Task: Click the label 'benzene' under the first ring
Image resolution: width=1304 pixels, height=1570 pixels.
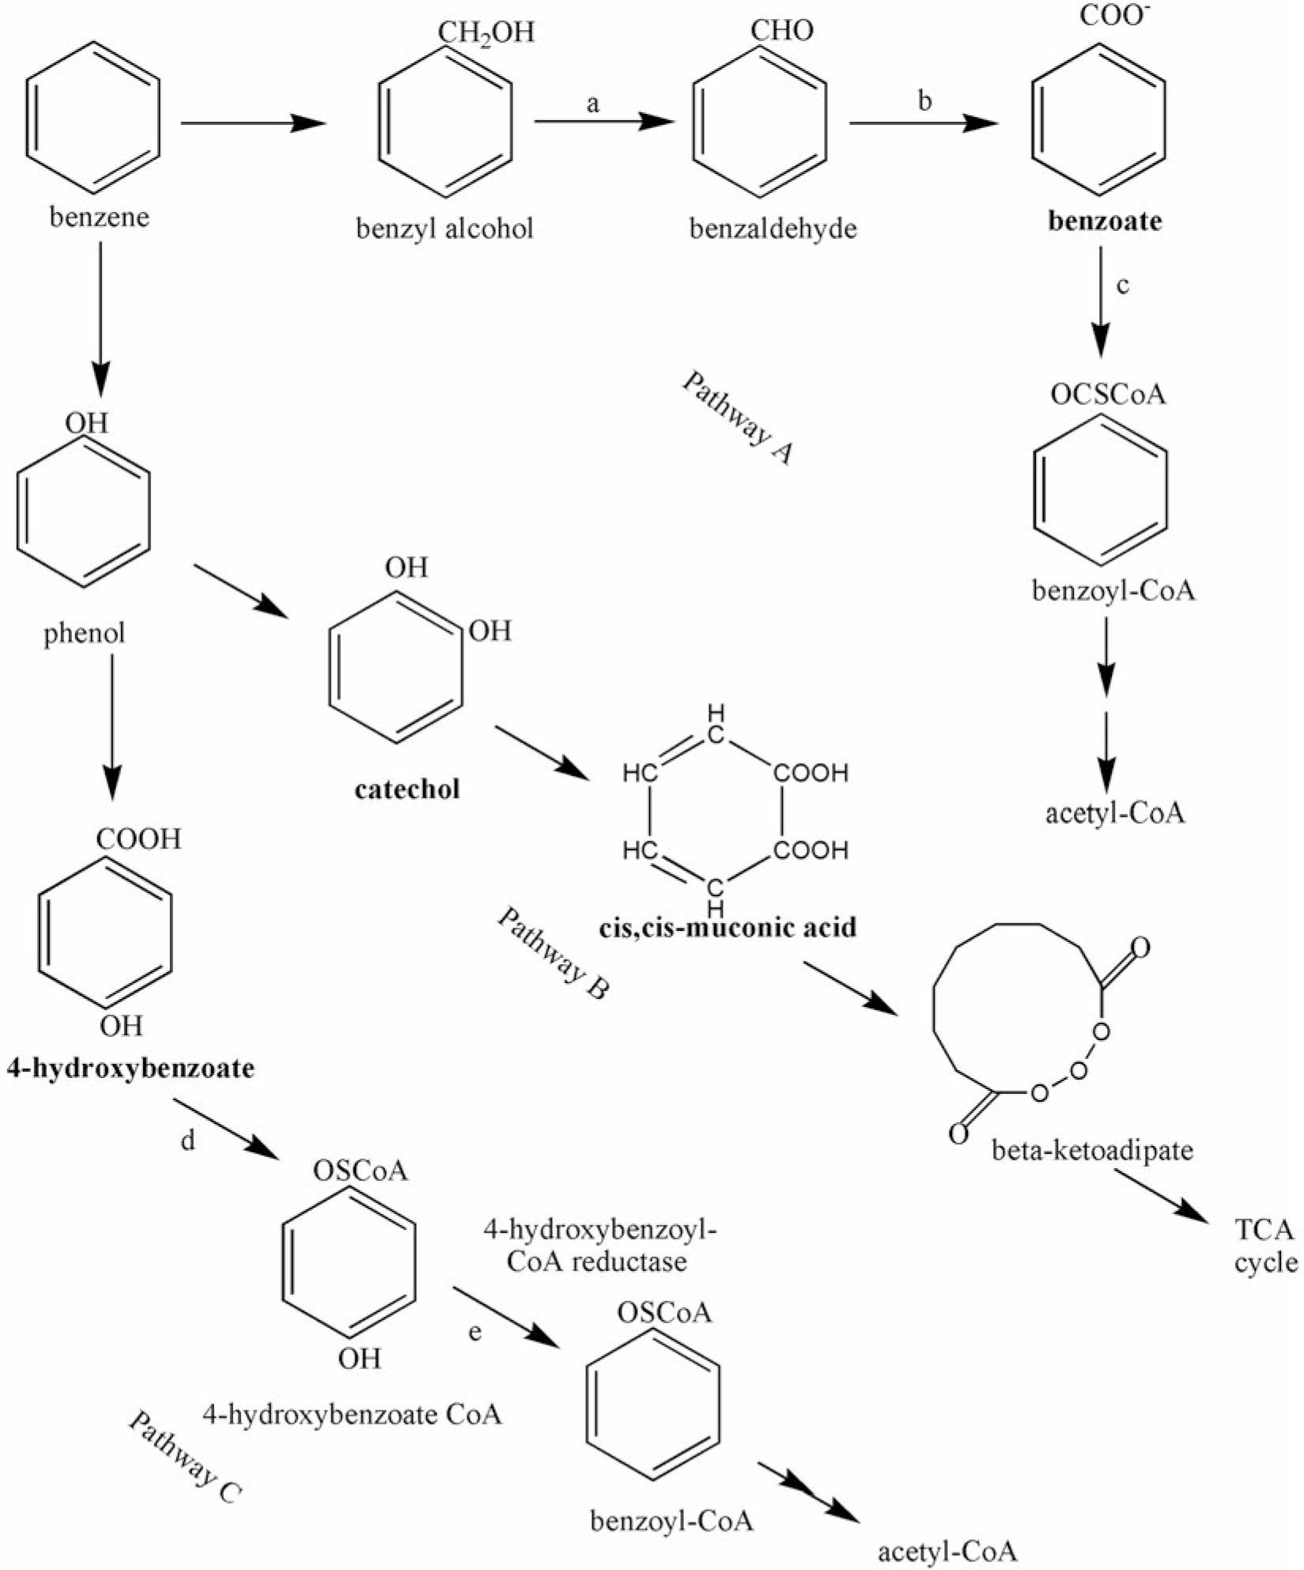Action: coord(99,218)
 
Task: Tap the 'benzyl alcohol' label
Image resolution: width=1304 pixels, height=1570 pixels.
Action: coord(444,229)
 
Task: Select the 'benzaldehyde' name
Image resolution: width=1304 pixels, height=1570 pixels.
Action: coord(773,229)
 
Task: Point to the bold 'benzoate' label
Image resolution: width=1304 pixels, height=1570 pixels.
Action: coord(1105,221)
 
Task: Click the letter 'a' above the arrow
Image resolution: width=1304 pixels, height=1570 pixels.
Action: coord(593,103)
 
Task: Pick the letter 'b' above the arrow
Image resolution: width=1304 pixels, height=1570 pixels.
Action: coord(924,100)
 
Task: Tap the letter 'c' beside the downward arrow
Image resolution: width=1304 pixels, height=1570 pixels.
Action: coord(1123,285)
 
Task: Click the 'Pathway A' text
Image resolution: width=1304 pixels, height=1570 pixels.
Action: coord(737,418)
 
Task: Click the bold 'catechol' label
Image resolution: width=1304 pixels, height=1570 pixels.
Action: coord(407,789)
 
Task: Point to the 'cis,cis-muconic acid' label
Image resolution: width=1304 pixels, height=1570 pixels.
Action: coord(728,927)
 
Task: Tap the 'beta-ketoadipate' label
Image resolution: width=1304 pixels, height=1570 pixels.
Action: coord(1092,1149)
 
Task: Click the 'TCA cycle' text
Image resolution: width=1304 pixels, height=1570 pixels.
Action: coord(1266,1246)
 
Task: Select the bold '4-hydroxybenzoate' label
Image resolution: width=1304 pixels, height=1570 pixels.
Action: coord(130,1069)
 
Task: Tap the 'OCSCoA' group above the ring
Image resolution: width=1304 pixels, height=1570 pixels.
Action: coord(1108,394)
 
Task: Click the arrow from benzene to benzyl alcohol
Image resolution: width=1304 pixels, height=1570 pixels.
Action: coord(252,123)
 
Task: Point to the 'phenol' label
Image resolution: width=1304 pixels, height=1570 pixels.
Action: coord(85,634)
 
